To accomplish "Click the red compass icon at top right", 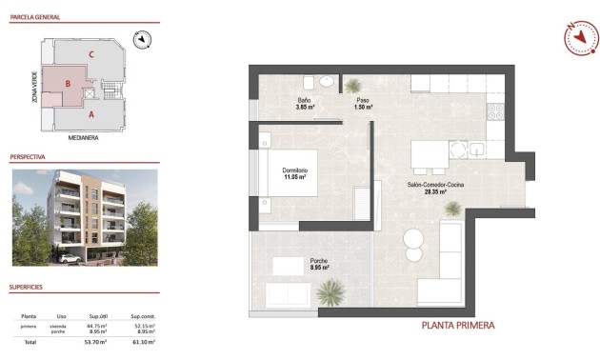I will click(x=579, y=39).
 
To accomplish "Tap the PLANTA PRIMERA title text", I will click(x=458, y=326).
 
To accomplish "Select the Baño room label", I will click(x=304, y=100).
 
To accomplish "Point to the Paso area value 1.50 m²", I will click(x=362, y=108).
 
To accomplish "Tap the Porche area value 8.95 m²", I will click(x=319, y=268).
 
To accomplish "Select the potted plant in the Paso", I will click(x=353, y=85).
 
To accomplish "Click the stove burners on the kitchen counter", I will click(x=495, y=111).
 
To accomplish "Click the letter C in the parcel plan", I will click(x=91, y=54).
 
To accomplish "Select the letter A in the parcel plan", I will click(x=90, y=114).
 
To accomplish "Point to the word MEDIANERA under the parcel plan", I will click(x=86, y=137).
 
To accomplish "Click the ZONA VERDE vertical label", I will click(x=35, y=86).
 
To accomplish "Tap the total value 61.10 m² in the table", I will click(x=143, y=341).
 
